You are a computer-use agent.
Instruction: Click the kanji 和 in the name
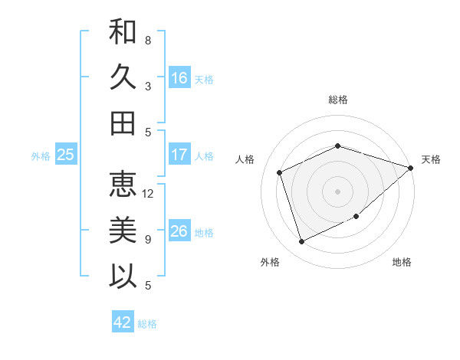(x=123, y=32)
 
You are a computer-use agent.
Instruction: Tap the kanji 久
(x=123, y=77)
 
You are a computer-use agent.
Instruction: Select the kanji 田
(x=123, y=123)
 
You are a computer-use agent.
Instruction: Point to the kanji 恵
(x=123, y=185)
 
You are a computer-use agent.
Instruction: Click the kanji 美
(x=123, y=230)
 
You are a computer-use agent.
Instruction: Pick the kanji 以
(x=123, y=275)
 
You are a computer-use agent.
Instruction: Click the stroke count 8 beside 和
(x=148, y=41)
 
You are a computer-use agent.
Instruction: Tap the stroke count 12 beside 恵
(x=148, y=194)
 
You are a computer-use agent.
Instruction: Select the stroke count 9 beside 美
(x=148, y=240)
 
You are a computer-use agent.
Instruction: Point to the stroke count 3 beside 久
(x=148, y=87)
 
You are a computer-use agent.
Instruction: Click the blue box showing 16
(x=179, y=78)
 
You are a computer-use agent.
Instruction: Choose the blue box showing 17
(x=179, y=155)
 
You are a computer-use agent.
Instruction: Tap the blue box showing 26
(x=179, y=231)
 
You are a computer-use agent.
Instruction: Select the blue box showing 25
(x=66, y=155)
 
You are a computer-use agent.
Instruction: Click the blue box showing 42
(x=123, y=322)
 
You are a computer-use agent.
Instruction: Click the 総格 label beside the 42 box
(x=148, y=324)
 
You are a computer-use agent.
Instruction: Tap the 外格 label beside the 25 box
(x=41, y=156)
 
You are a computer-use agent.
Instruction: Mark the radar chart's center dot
(x=337, y=191)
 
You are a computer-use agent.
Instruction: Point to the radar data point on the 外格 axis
(x=301, y=242)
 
